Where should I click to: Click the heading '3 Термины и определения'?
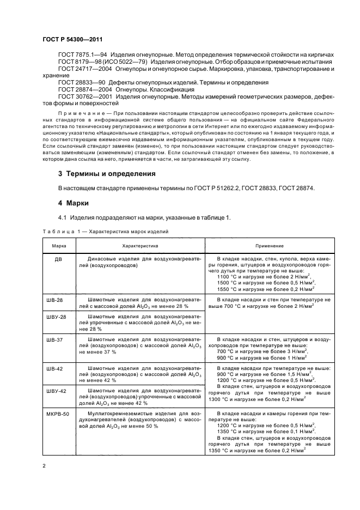tap(107, 174)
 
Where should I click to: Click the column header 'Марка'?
tap(59, 246)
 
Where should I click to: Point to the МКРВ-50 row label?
tap(59, 414)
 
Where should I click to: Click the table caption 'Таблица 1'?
tap(61, 232)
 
